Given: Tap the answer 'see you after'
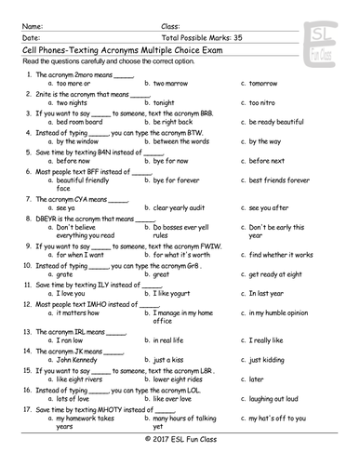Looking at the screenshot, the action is pos(270,208).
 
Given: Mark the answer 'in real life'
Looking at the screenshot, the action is pos(174,341).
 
